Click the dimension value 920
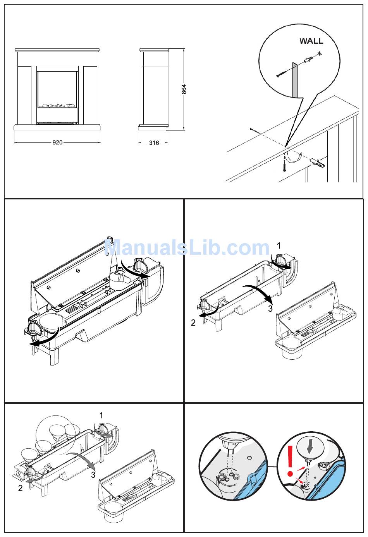(57, 142)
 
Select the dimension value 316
(154, 143)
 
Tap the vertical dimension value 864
(184, 89)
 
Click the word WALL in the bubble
(311, 41)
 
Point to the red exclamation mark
(290, 461)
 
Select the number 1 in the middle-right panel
(279, 246)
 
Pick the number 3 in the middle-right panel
(270, 308)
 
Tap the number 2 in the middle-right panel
(193, 323)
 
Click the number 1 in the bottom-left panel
(101, 415)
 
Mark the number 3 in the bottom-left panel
(93, 475)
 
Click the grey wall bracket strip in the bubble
(294, 80)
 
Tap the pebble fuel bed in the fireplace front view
(58, 105)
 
